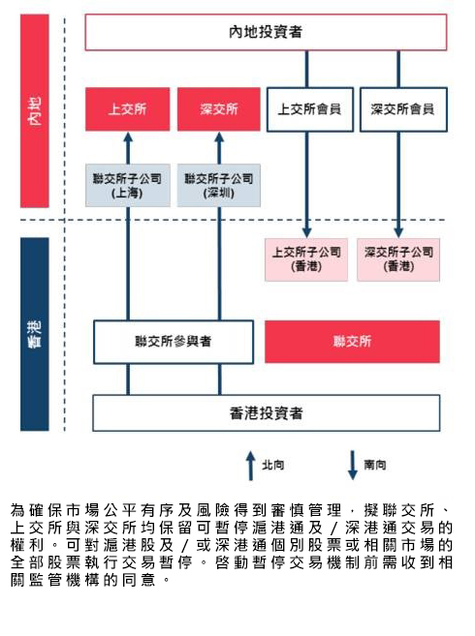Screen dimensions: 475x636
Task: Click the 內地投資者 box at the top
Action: coord(266,32)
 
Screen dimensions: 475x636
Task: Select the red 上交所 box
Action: coord(128,109)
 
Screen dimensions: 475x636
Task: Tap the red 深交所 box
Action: coord(219,109)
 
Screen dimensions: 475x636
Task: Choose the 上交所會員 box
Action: coord(309,109)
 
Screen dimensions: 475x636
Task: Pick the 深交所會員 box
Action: coord(403,109)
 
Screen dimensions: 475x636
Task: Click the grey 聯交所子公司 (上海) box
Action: coord(128,185)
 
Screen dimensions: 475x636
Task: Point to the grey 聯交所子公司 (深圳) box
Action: coord(219,185)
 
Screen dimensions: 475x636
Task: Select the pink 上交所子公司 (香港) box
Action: coord(306,259)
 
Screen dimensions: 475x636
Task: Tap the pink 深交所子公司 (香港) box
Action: coord(398,259)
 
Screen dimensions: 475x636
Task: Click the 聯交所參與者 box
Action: coord(174,342)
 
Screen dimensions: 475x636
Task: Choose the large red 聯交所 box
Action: coord(352,342)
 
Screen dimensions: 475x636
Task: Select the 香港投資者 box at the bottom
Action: coord(267,413)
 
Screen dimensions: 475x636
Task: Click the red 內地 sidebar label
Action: coord(35,110)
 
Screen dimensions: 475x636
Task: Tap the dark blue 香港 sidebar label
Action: coord(35,334)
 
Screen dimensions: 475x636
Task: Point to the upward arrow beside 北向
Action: coord(251,466)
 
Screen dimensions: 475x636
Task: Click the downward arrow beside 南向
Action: coord(353,466)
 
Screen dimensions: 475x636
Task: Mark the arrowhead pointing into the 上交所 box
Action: coord(128,136)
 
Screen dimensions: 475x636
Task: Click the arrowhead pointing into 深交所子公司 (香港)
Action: coord(398,232)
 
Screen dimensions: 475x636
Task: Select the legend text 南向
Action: coord(374,465)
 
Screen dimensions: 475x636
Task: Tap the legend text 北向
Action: coord(272,465)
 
